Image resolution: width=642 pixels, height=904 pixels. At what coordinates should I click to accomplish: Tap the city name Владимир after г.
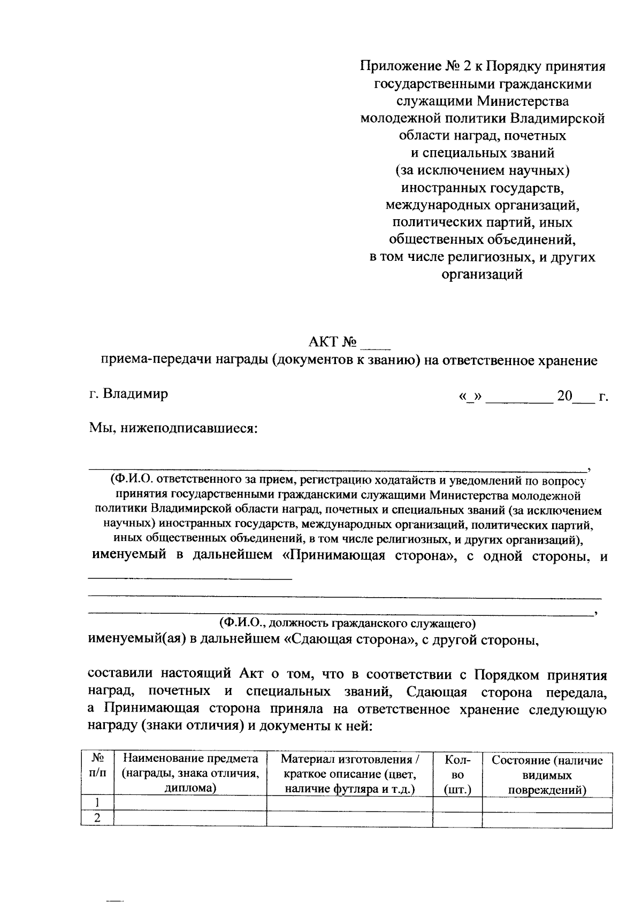pyautogui.click(x=136, y=394)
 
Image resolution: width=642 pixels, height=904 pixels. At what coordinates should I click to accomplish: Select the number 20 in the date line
pyautogui.click(x=564, y=396)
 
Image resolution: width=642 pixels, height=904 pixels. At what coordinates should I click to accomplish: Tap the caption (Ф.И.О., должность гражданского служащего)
pyautogui.click(x=347, y=623)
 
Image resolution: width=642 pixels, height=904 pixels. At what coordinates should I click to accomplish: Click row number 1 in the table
pyautogui.click(x=97, y=803)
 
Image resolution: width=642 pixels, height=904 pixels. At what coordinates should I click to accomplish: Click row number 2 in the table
pyautogui.click(x=97, y=818)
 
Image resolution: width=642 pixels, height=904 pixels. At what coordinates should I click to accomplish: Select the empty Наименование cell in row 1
pyautogui.click(x=190, y=803)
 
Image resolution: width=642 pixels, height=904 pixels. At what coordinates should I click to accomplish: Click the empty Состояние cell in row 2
pyautogui.click(x=547, y=819)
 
